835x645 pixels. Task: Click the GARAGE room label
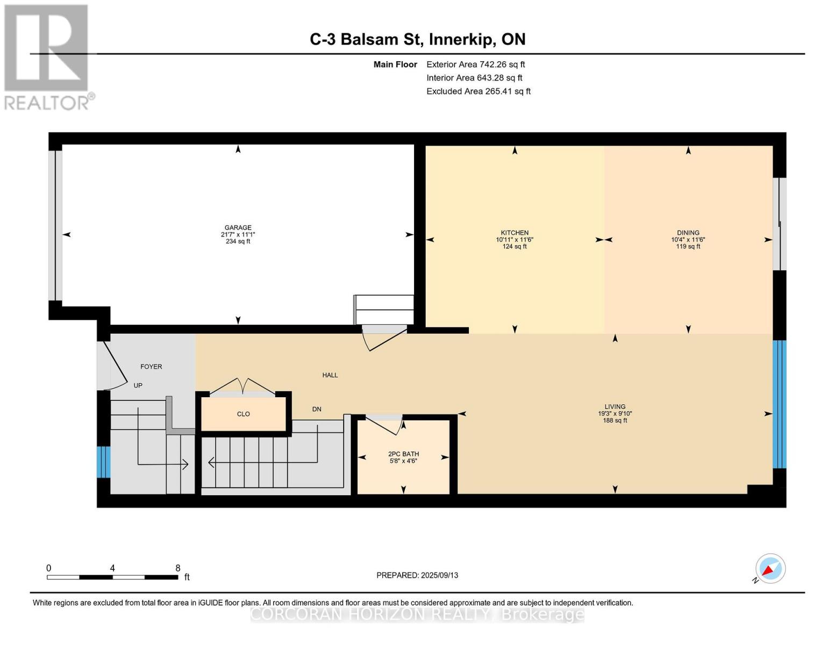coord(238,227)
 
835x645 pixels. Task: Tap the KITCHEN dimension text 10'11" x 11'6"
coord(515,240)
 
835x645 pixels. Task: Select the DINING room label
coord(688,233)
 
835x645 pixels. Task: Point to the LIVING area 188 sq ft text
coord(615,420)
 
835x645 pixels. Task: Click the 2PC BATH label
coord(403,454)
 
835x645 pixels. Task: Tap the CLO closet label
coord(243,414)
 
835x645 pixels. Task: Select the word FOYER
coord(151,367)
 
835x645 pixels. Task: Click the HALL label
coord(330,375)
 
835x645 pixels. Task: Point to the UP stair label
coord(138,385)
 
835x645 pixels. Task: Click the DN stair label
coord(317,409)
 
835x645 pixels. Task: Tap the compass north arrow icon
coord(770,569)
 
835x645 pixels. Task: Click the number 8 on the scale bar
coord(178,568)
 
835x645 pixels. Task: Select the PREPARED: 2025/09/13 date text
coord(417,575)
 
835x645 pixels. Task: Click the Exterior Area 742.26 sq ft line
coord(475,64)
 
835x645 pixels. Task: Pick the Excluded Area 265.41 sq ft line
coord(479,91)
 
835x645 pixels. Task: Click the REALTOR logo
coord(47,56)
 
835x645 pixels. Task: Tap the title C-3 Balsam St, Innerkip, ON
coord(417,39)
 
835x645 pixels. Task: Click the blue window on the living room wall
coord(779,404)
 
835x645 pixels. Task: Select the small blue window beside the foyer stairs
coord(104,462)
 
